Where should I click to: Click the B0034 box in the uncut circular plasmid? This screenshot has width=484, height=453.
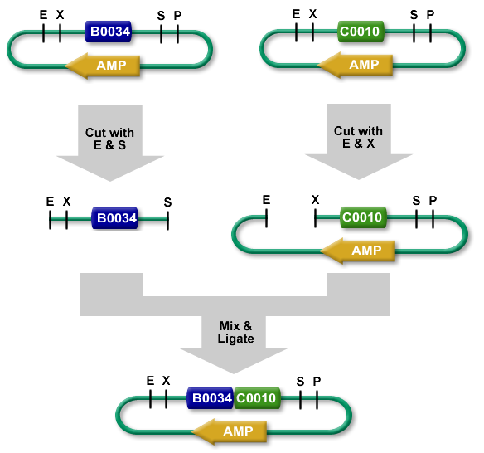[x=109, y=32]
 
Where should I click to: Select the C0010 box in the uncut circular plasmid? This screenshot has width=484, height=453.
[x=361, y=32]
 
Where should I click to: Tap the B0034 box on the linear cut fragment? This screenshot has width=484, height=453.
[x=115, y=218]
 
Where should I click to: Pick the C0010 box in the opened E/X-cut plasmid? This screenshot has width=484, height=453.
[x=363, y=217]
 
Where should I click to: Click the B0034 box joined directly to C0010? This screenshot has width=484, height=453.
[x=211, y=398]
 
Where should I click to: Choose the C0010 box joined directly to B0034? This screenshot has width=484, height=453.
[x=258, y=398]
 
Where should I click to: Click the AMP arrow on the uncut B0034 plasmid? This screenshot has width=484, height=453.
[x=103, y=66]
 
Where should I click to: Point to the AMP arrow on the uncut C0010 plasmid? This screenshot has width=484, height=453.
[x=356, y=65]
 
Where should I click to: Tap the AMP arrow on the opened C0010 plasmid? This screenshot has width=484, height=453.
[x=358, y=251]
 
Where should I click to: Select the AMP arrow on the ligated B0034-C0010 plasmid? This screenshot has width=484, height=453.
[x=230, y=431]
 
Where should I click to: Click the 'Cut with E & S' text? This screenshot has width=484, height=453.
[x=110, y=139]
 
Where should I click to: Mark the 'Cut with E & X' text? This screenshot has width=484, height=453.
[x=358, y=137]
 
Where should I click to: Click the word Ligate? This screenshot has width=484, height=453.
[x=236, y=339]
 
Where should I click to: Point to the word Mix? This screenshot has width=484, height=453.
[x=230, y=326]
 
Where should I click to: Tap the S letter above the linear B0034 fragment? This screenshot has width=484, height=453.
[x=167, y=202]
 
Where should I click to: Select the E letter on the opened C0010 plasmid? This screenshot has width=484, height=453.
[x=266, y=200]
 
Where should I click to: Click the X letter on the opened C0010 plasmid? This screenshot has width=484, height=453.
[x=315, y=200]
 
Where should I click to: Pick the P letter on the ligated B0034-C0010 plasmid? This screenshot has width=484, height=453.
[x=317, y=382]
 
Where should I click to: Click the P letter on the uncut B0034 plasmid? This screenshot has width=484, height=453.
[x=178, y=16]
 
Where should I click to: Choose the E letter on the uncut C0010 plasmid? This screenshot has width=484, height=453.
[x=296, y=14]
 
